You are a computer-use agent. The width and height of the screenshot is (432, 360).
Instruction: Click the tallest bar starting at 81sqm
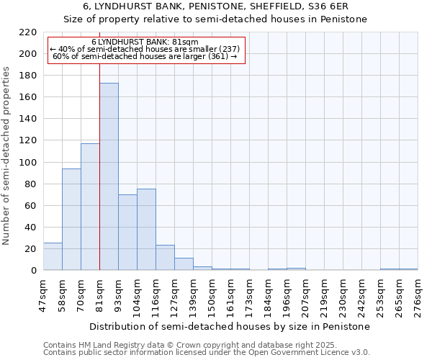tap(109, 176)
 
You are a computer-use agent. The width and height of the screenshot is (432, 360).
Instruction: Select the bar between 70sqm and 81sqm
tap(90, 207)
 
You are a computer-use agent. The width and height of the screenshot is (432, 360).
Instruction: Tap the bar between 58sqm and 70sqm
tap(71, 220)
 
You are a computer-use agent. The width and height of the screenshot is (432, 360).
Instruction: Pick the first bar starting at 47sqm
tap(53, 256)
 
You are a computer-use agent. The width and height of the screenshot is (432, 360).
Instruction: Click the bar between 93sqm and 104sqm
tap(127, 233)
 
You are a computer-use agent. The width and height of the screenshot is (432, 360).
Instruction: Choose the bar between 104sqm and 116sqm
tap(146, 230)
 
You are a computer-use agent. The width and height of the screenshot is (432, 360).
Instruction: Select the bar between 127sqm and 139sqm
tap(184, 264)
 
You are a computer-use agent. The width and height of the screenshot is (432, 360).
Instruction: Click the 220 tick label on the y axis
tap(28, 32)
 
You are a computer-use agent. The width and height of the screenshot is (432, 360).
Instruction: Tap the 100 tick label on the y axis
tap(28, 163)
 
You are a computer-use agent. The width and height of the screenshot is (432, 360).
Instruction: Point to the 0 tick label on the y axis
tap(34, 271)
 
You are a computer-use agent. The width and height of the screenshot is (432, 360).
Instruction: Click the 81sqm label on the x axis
tap(100, 295)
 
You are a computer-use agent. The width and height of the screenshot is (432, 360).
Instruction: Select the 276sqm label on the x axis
tap(418, 295)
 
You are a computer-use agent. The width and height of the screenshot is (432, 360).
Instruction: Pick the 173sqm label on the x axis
tap(250, 295)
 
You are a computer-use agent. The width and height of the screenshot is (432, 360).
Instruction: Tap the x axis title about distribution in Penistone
tap(230, 326)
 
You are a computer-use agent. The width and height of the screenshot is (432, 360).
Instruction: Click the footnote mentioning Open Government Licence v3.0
tap(207, 353)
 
